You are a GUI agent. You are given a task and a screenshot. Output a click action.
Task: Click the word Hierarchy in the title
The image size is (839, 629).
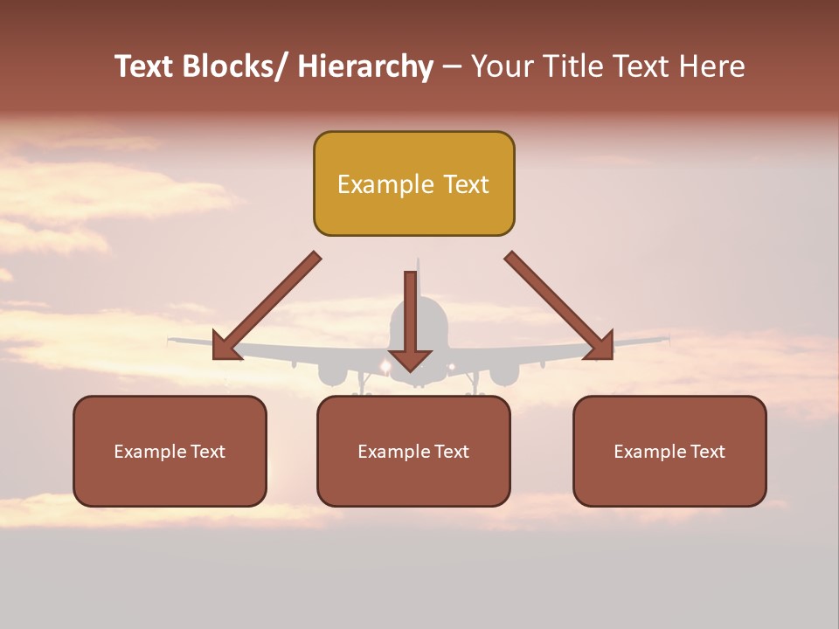point(364,66)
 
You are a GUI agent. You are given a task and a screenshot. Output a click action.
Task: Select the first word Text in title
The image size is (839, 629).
point(144,66)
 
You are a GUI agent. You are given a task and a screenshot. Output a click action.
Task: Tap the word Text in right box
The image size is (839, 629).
point(707,452)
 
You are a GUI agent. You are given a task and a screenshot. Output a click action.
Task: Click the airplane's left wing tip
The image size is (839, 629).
point(172,339)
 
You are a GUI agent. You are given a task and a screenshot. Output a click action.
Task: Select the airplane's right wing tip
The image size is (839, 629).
point(666,337)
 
